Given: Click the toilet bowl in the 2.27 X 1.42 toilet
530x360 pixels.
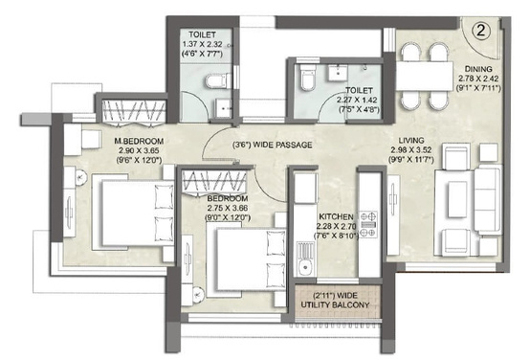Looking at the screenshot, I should pyautogui.click(x=305, y=82).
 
